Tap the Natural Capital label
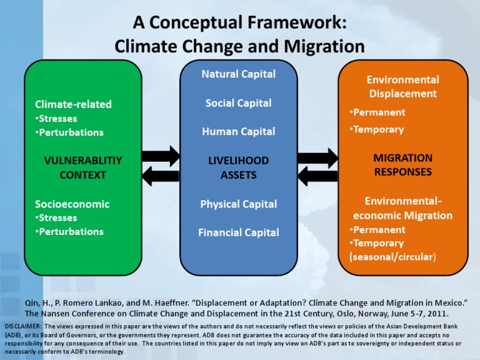[x=238, y=74]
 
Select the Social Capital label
[x=238, y=103]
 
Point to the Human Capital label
[x=238, y=132]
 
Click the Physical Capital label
[x=238, y=204]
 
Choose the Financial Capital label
[x=238, y=232]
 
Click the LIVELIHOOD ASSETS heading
[x=238, y=167]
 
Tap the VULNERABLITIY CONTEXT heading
[x=82, y=167]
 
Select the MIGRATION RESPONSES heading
[x=402, y=164]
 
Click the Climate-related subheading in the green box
[x=73, y=104]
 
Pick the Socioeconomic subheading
[x=72, y=204]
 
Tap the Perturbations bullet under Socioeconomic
[x=69, y=232]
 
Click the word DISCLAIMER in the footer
[x=22, y=327]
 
